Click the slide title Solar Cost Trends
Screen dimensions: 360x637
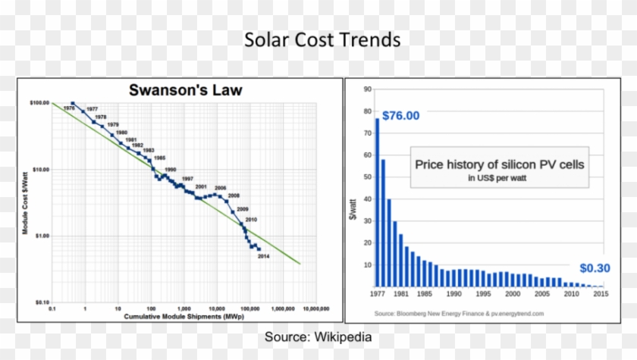pos(322,39)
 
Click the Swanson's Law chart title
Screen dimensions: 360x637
pos(186,91)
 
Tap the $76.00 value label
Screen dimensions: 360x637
pos(400,116)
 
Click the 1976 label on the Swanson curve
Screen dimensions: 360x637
pos(68,108)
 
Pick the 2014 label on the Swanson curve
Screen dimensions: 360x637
pos(264,256)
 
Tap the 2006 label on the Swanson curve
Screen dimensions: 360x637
pos(221,187)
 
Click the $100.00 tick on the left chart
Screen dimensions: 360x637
pos(39,102)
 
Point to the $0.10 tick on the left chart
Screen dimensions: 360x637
pos(41,302)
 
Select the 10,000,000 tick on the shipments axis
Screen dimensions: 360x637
pos(315,309)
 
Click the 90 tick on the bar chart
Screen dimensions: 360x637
pos(367,89)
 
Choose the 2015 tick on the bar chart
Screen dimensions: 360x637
pos(601,293)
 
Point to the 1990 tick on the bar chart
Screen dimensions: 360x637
pos(453,293)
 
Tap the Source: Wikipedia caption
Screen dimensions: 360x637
pos(318,337)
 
